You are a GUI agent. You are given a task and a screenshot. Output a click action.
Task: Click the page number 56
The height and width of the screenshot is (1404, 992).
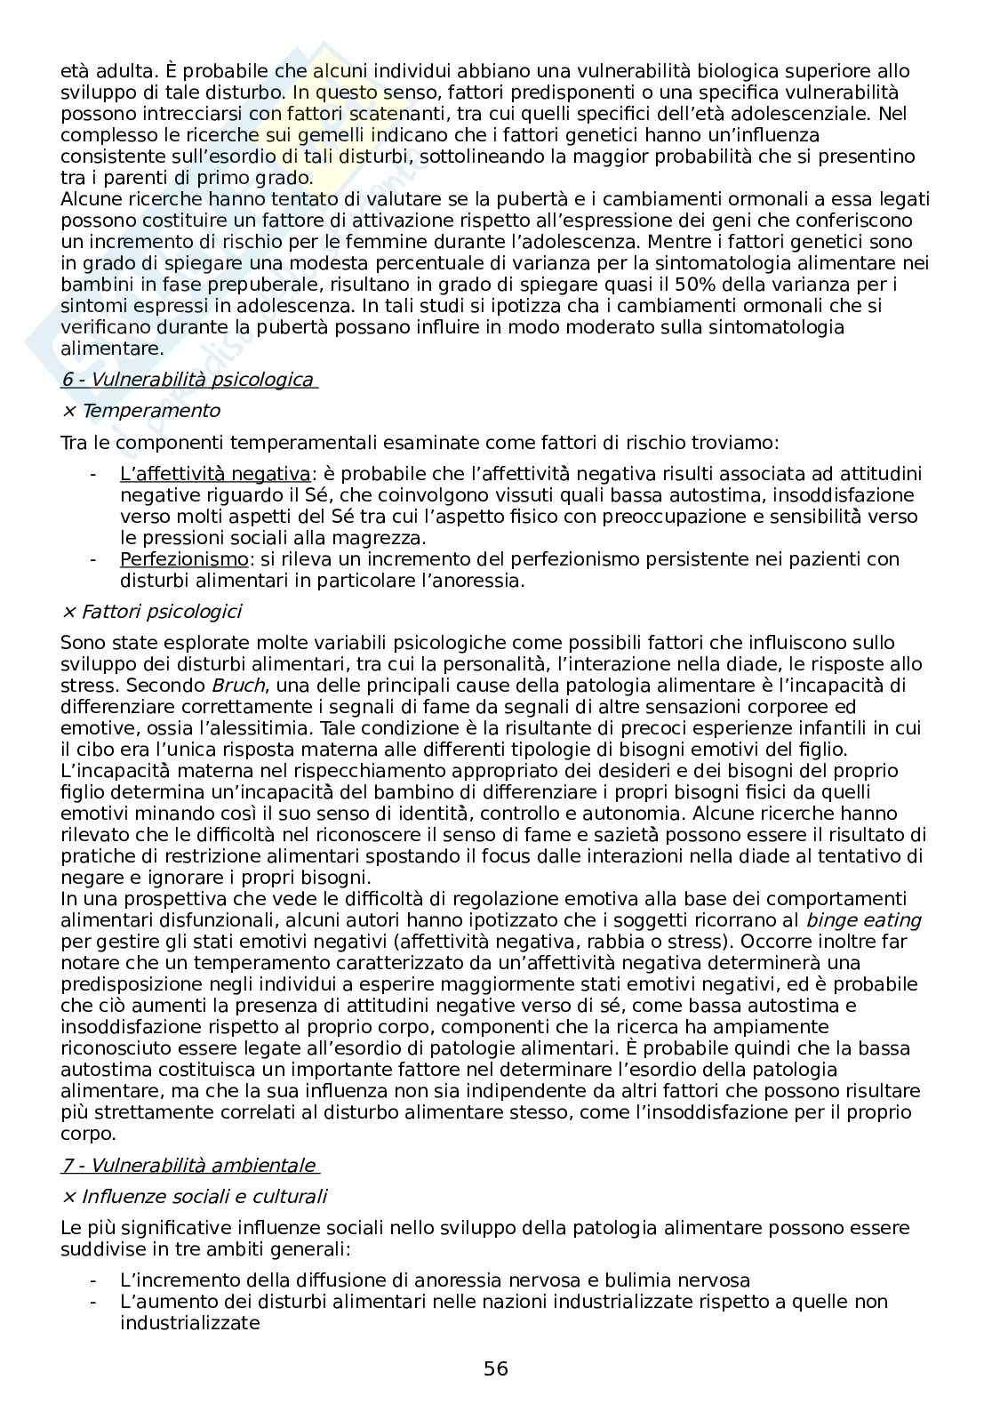(496, 1368)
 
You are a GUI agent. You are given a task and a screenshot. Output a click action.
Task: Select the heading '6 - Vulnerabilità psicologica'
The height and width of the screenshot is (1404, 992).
(188, 381)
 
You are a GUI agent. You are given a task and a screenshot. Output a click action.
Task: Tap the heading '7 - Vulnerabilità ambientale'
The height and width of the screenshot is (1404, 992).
(188, 1166)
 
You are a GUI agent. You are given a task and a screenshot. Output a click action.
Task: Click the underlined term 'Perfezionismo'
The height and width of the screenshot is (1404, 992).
(184, 559)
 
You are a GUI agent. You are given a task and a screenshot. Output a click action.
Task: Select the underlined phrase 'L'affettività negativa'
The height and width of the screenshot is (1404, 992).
(214, 474)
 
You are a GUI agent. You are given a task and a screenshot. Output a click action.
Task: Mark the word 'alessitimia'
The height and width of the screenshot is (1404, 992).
(241, 728)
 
